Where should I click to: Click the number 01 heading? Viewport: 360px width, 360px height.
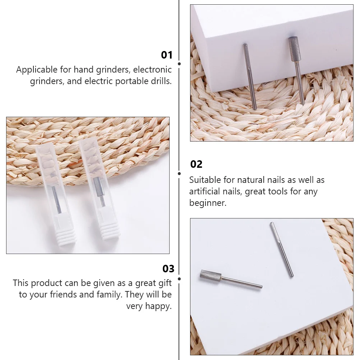(x=167, y=55)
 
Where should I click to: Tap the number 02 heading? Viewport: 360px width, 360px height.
(x=196, y=164)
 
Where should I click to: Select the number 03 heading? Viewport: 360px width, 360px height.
(x=168, y=269)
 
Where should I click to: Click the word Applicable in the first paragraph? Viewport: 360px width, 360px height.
(x=36, y=70)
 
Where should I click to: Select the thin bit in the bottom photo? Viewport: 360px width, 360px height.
(x=281, y=249)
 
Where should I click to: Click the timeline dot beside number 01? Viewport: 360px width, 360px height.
(x=179, y=64)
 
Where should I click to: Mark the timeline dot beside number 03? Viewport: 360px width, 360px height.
(x=179, y=279)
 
